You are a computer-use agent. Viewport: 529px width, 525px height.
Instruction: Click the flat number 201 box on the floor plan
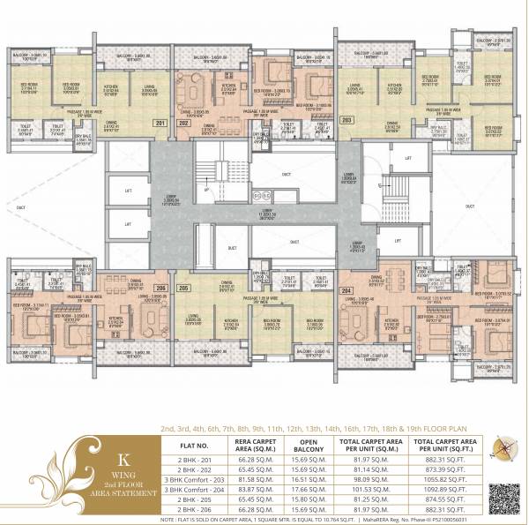click(x=160, y=123)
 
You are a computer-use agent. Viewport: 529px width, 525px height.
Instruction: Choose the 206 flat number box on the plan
click(x=160, y=289)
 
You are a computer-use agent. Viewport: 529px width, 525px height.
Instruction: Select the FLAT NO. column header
click(x=191, y=445)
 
